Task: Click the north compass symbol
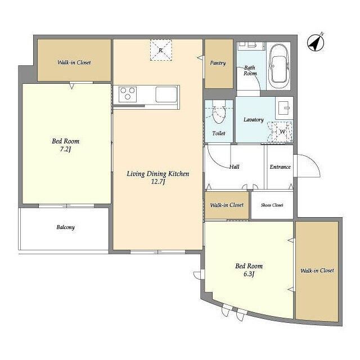click(316, 43)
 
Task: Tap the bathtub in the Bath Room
click(279, 66)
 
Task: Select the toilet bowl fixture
click(219, 112)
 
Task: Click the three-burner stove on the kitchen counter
click(128, 94)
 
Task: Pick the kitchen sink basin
click(166, 94)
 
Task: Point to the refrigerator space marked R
click(161, 50)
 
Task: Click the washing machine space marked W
click(282, 132)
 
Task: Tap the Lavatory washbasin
click(284, 108)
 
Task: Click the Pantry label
click(218, 63)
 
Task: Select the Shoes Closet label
click(272, 205)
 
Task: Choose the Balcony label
click(66, 227)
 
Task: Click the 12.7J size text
click(158, 182)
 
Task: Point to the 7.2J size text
click(65, 149)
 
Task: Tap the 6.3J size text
click(249, 274)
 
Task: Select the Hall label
click(235, 167)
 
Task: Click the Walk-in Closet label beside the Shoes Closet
click(227, 205)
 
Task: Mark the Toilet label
click(219, 133)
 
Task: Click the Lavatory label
click(254, 120)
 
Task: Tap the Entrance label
click(280, 167)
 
